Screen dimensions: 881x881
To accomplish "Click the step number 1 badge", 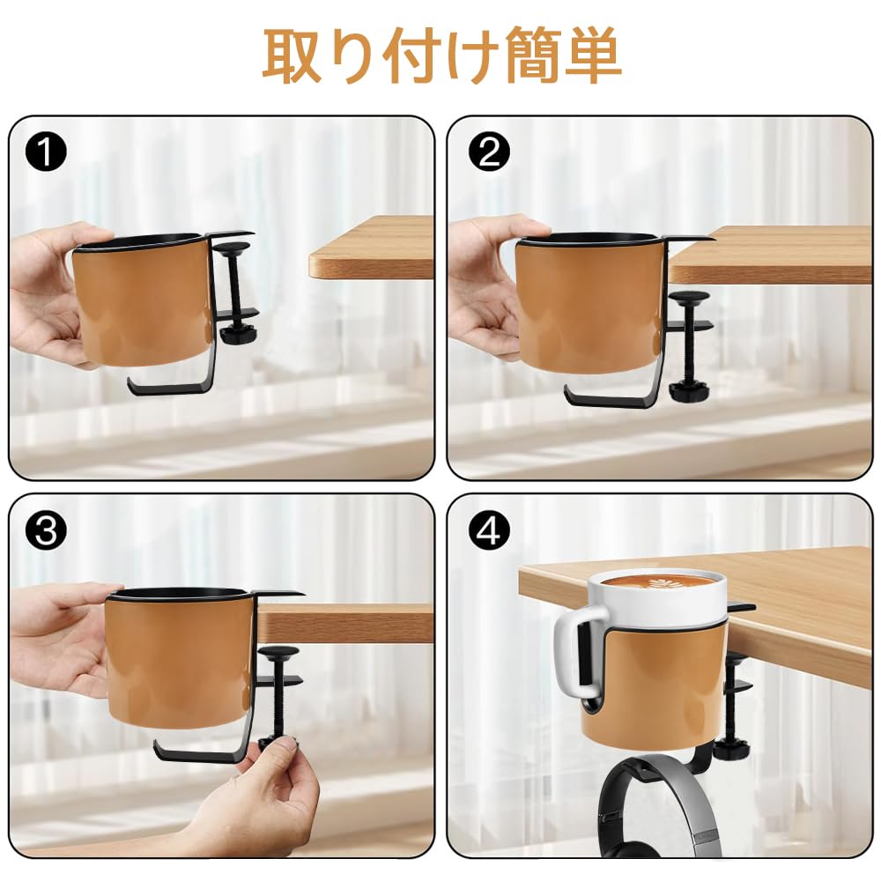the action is click(x=46, y=152).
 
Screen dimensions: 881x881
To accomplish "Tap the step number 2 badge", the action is click(x=489, y=152).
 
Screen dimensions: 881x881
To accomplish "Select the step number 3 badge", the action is click(x=46, y=530).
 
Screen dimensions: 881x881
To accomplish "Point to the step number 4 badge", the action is click(x=489, y=530).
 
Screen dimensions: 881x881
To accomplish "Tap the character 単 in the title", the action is click(x=593, y=56).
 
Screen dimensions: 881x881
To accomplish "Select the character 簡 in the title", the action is click(x=533, y=56).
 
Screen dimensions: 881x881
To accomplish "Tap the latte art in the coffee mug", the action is click(x=658, y=583).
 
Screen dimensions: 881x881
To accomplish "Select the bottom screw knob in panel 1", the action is click(x=238, y=336).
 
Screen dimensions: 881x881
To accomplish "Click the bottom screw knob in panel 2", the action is click(x=688, y=389).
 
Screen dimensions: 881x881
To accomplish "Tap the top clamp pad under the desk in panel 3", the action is click(x=278, y=652).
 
